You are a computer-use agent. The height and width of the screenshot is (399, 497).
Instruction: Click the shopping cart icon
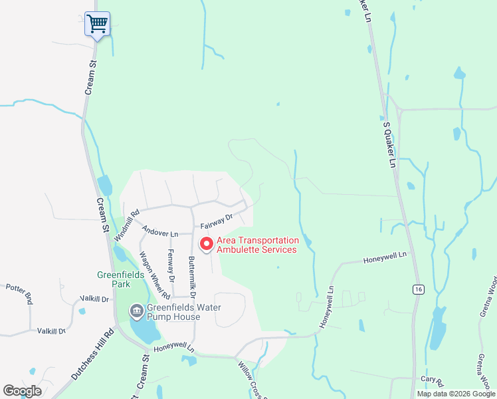tap(97, 24)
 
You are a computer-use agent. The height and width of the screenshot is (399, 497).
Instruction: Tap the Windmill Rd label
tap(127, 225)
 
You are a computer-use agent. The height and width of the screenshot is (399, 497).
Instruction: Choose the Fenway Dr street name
tap(171, 265)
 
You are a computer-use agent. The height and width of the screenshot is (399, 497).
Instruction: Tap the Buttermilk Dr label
tap(193, 276)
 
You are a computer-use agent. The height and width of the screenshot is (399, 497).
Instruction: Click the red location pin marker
tap(207, 245)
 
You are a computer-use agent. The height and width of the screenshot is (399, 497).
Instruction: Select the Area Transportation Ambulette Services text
tap(256, 245)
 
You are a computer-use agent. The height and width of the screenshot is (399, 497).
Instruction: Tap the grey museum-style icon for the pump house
tap(136, 311)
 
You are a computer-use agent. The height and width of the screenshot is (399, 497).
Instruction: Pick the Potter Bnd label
tap(19, 293)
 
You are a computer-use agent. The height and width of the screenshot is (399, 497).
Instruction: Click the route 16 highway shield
tap(417, 289)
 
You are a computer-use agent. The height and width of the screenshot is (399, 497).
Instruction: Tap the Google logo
tap(22, 391)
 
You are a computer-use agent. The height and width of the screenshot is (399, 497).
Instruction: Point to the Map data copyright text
tap(455, 394)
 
